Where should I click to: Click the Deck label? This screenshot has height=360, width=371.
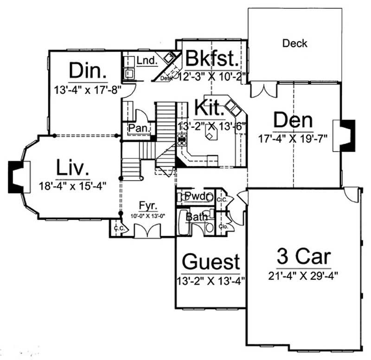coord(294,44)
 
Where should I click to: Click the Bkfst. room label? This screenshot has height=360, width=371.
coord(212,59)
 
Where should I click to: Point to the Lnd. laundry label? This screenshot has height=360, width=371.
coord(147,60)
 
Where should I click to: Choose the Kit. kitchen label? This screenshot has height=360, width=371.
coord(210,107)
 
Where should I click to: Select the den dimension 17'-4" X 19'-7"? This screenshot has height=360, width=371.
coord(293,138)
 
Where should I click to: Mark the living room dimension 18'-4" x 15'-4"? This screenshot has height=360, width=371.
coord(73,186)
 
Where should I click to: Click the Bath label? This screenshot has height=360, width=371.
coord(194,216)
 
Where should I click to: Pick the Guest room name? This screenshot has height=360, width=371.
coord(211,262)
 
